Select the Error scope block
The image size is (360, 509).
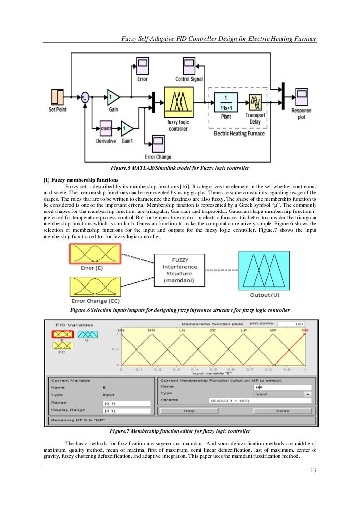pos(142,66)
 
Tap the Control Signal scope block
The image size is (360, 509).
pos(188,66)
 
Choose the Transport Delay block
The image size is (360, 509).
pos(256,102)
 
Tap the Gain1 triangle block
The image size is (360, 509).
pos(127,128)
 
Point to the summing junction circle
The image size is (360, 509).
pos(85,98)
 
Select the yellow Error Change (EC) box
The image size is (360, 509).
pos(94,287)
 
